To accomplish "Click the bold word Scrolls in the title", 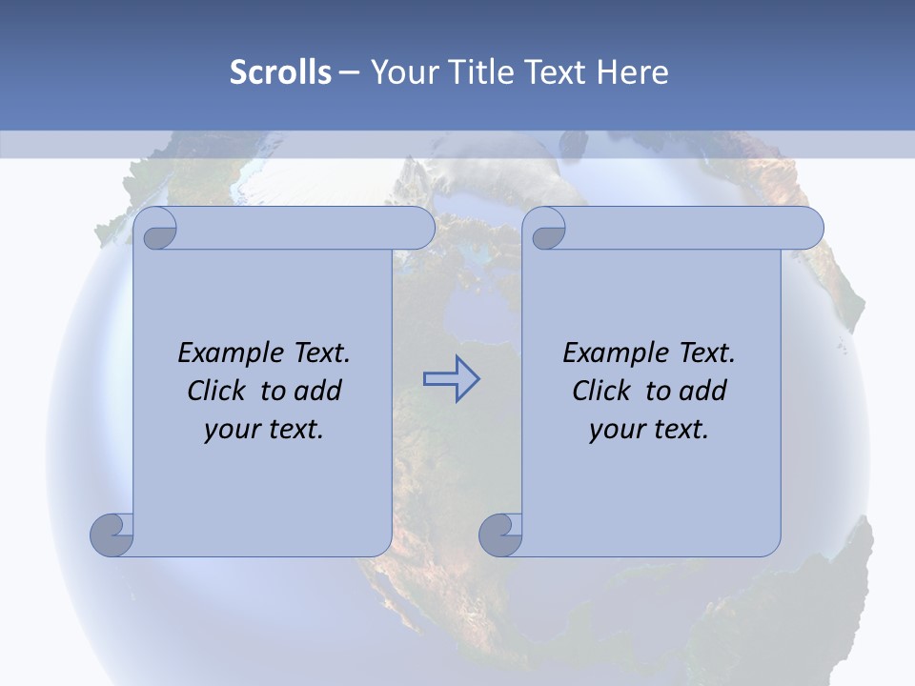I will tap(280, 72).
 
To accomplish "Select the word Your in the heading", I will tap(398, 72).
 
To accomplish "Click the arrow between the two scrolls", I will tap(451, 378).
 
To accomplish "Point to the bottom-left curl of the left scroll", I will tap(112, 535).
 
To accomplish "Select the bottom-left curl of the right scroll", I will tap(501, 535).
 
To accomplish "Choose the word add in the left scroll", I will tap(318, 391).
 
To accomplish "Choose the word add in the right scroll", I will tap(703, 391).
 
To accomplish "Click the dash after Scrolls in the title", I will tap(349, 72).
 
